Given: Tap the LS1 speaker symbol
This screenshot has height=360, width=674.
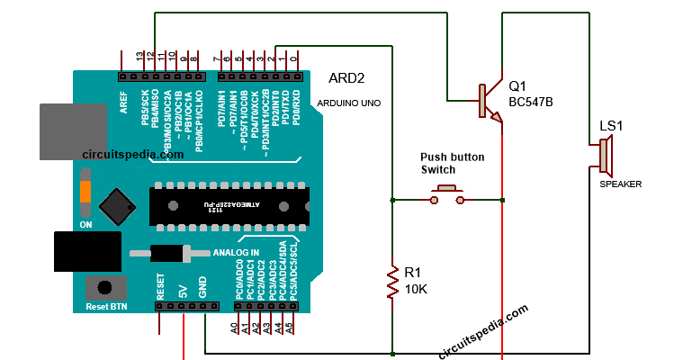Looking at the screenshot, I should [605, 160].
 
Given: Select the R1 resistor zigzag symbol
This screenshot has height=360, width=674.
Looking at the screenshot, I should [392, 281].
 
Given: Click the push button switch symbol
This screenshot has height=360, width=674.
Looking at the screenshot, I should [447, 193].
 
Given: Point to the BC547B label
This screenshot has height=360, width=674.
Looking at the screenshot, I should [531, 103].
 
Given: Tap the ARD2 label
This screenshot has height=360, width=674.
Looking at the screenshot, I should [347, 78].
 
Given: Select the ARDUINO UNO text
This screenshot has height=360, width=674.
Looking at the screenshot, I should [348, 103].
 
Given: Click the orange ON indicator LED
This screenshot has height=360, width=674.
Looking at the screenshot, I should [85, 191].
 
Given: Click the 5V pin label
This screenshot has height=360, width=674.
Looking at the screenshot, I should [182, 290].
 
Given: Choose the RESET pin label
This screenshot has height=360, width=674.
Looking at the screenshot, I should [160, 286].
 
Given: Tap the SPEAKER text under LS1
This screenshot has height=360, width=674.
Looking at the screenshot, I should [621, 184].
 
